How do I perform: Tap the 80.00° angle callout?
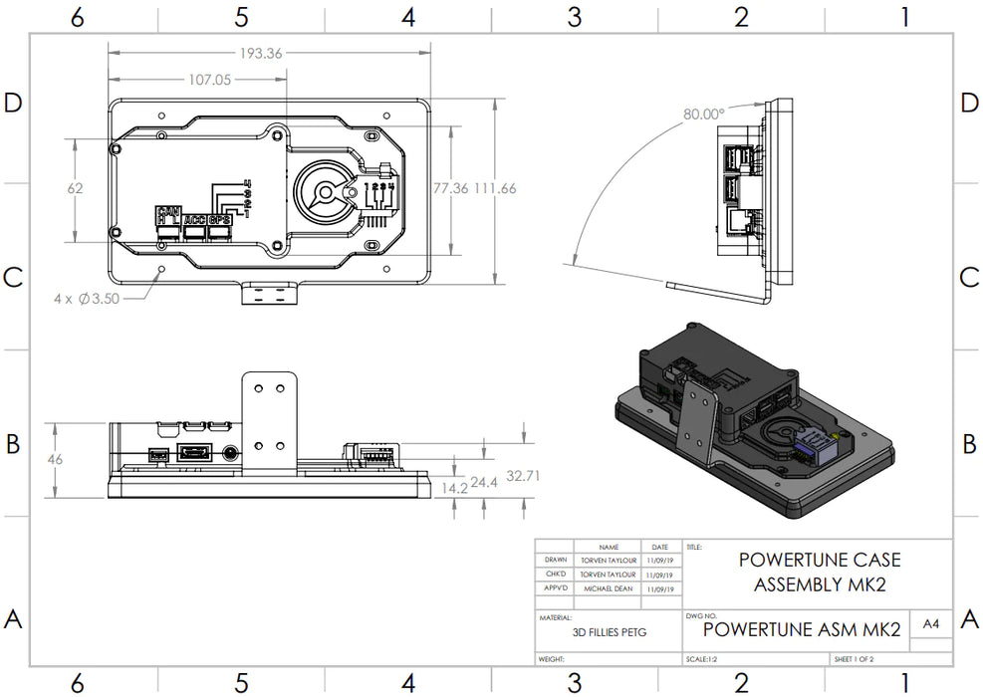click(703, 114)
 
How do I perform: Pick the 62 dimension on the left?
click(77, 188)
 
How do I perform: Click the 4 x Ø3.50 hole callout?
click(88, 298)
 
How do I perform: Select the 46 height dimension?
click(56, 460)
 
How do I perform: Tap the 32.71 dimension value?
click(523, 476)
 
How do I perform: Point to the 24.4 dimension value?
click(485, 482)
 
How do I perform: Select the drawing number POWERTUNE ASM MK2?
click(802, 629)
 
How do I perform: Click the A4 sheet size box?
click(930, 624)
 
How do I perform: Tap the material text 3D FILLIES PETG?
click(610, 632)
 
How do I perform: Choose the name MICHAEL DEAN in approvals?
click(610, 588)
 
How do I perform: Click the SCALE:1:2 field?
click(705, 659)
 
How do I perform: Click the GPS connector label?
click(221, 219)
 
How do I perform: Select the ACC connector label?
click(194, 219)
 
